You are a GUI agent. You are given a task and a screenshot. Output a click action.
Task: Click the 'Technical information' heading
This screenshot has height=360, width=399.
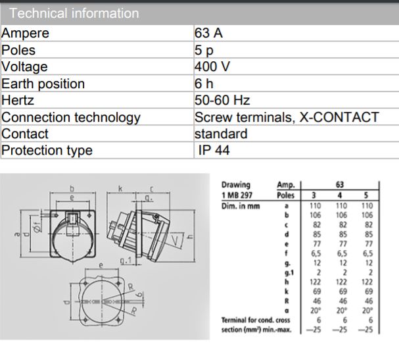pos(74,13)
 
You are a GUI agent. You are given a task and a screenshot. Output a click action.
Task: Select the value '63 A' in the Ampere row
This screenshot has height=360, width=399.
pos(208,33)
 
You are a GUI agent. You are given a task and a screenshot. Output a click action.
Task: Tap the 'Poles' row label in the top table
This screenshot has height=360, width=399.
pos(18,50)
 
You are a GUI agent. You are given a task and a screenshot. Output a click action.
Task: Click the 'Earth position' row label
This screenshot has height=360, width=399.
pos(43,84)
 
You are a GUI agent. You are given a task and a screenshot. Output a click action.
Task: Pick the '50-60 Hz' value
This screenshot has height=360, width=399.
pos(222,101)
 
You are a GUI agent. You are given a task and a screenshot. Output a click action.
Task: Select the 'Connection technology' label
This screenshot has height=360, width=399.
pos(71,117)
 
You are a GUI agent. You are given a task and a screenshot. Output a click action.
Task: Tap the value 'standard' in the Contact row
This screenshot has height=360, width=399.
pos(221,134)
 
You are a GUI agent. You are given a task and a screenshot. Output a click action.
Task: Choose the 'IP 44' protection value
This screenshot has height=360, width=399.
pos(214,151)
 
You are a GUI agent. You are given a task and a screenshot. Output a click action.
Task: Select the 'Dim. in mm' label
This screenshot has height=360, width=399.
pos(241,205)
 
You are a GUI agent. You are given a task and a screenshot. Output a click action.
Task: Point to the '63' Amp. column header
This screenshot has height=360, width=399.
pos(340,185)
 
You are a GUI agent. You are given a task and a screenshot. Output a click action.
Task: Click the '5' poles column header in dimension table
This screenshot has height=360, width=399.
pos(365,195)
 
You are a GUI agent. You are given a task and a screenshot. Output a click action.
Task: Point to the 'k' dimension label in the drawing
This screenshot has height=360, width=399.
pos(120,188)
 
